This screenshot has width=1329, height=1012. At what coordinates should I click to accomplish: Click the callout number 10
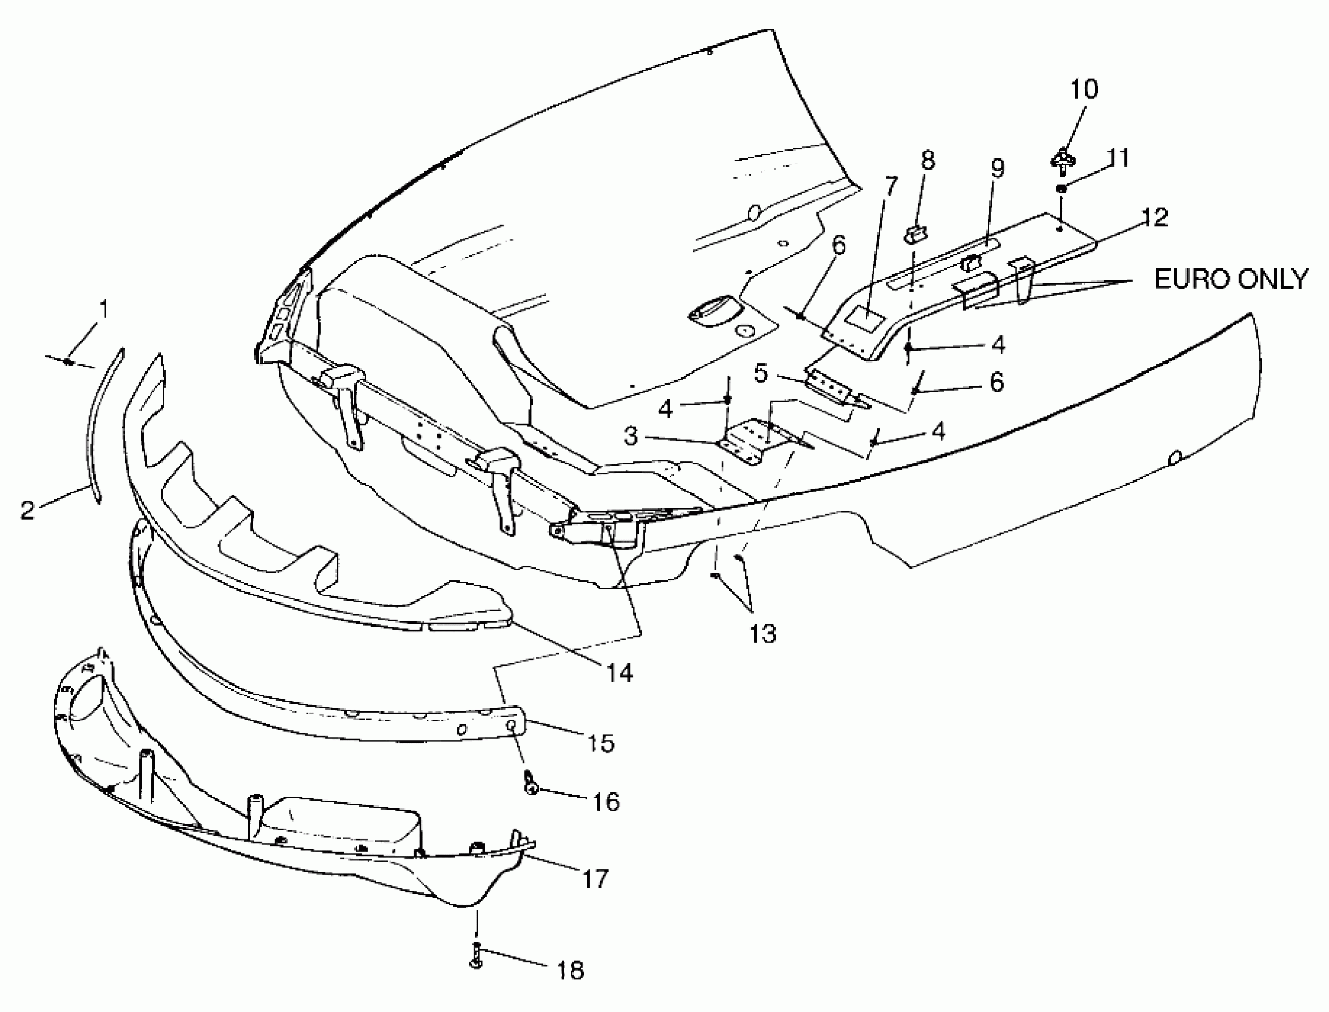(1084, 89)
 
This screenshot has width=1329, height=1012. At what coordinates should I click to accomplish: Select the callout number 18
(569, 970)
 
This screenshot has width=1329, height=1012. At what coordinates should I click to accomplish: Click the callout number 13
(762, 634)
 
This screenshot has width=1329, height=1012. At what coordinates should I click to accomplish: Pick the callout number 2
(28, 510)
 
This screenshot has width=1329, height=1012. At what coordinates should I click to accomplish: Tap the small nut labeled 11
(1062, 189)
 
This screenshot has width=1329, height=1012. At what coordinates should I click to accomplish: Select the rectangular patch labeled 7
(866, 316)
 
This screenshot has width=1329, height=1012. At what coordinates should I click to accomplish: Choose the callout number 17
(595, 879)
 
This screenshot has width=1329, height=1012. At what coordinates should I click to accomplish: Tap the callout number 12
(1154, 217)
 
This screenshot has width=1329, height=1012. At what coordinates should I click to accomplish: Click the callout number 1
(104, 309)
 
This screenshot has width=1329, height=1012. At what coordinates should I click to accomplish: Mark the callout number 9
(998, 168)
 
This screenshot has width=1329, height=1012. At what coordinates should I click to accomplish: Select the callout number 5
(761, 373)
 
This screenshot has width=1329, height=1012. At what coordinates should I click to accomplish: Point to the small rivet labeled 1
(69, 362)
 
